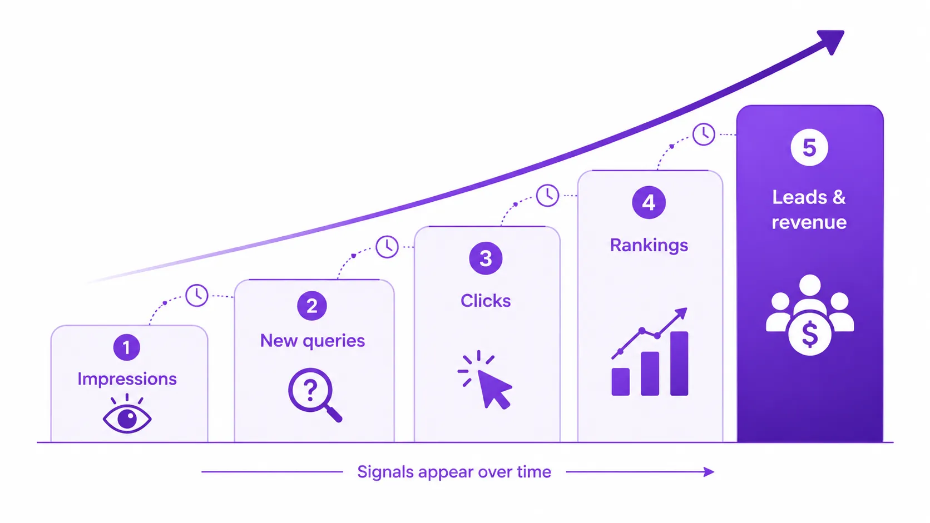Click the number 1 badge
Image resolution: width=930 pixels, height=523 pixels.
[127, 347]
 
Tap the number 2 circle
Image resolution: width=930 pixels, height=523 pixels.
[312, 306]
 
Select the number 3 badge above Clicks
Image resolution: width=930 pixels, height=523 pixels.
[486, 258]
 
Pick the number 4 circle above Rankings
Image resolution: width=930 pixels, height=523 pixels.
[649, 202]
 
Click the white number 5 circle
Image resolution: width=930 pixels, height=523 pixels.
[809, 147]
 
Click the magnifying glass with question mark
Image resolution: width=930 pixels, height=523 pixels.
[315, 395]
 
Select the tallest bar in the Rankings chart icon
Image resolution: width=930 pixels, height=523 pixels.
[679, 363]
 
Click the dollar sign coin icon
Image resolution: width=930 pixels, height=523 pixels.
[810, 334]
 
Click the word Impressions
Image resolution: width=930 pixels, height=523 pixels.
[127, 379]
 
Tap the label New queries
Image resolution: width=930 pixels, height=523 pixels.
[312, 341]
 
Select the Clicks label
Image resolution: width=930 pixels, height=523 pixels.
[486, 301]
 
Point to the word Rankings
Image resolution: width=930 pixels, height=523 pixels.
[649, 246]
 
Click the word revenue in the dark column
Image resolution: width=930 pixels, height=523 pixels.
[809, 223]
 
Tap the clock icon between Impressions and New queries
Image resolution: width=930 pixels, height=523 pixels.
[196, 295]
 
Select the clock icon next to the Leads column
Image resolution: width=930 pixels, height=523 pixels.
[703, 134]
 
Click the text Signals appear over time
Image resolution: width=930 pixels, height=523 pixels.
[454, 472]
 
